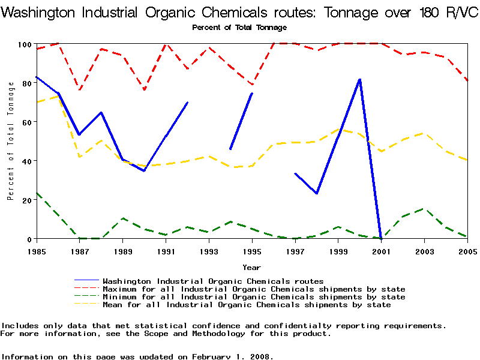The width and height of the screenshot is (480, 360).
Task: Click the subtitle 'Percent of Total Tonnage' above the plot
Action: (x=239, y=28)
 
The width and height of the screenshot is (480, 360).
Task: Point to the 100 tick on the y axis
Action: (x=25, y=44)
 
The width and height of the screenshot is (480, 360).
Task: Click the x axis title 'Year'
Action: (x=251, y=267)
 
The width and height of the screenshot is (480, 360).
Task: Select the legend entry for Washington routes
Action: (x=213, y=281)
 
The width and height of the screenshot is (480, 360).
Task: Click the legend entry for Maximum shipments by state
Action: (x=254, y=289)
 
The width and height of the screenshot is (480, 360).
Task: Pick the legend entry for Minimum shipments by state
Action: (x=254, y=297)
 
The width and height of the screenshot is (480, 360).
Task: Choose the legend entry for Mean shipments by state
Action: (x=247, y=305)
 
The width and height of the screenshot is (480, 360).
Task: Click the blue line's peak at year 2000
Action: (x=359, y=79)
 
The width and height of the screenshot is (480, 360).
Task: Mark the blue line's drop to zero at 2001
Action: (x=381, y=238)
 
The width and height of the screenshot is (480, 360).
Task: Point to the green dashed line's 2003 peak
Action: (x=424, y=209)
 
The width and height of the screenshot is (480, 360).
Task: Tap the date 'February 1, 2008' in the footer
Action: (x=232, y=356)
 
